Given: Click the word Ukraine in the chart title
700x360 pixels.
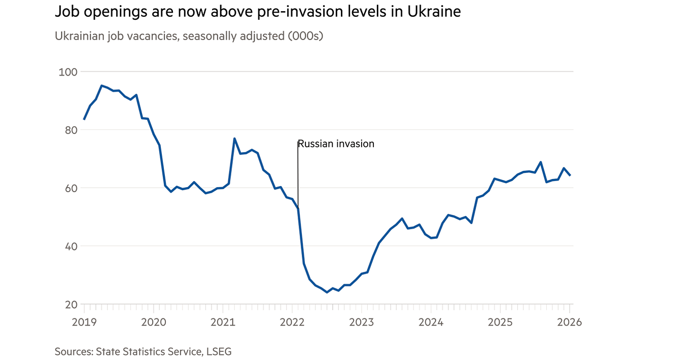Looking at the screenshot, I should [x=434, y=12].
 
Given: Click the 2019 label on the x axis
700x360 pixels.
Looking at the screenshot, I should [x=83, y=322].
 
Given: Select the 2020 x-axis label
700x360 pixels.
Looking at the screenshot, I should [x=153, y=322].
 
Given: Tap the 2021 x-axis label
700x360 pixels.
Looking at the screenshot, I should [x=222, y=322].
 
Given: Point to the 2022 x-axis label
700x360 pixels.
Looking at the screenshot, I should [x=292, y=322].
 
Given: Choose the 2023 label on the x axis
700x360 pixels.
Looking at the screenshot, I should [x=361, y=322].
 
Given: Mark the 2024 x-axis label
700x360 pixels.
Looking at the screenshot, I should [x=431, y=322].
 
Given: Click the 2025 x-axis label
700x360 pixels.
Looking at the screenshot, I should [x=500, y=322].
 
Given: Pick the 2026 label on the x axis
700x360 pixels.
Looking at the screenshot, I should [x=569, y=322].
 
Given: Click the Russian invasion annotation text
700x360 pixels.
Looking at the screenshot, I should [x=336, y=144].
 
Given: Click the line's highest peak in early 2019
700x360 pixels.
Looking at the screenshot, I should [x=101, y=86].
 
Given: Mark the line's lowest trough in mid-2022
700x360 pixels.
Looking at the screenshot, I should [x=327, y=292].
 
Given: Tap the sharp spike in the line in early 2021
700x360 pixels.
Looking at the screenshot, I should [x=234, y=138].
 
